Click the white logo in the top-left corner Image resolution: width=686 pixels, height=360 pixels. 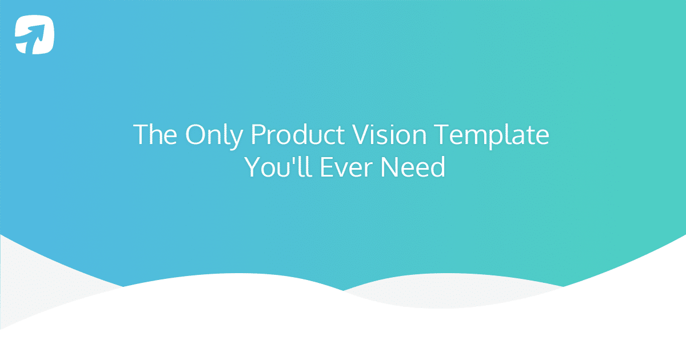[35, 35]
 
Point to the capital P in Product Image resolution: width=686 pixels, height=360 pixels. [257, 135]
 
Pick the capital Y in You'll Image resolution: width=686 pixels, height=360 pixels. [252, 167]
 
